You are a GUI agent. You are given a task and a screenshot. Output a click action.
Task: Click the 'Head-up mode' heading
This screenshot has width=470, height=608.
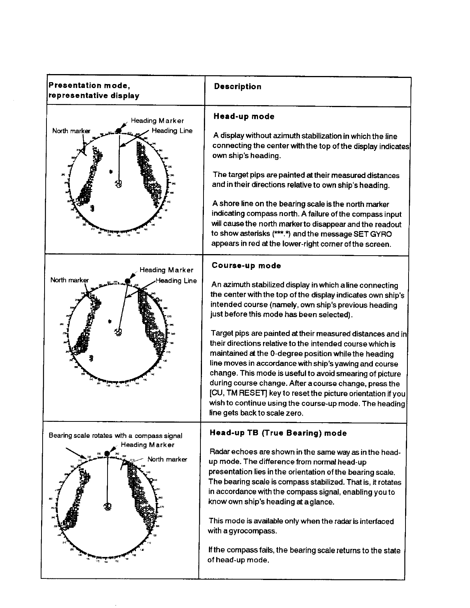(x=244, y=117)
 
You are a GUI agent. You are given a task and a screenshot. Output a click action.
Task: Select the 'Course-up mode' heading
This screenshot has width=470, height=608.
(x=246, y=266)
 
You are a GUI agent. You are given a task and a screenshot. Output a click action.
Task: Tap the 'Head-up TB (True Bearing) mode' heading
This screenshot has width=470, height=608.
(x=278, y=433)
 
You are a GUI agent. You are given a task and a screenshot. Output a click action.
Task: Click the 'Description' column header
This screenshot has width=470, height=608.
(x=238, y=87)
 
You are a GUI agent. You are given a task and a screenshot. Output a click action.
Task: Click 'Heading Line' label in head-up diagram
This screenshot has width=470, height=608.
(x=172, y=131)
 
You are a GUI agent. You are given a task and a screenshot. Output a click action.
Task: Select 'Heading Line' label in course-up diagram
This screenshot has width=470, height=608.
(x=176, y=281)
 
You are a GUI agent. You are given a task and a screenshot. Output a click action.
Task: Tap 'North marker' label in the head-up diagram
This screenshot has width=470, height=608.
(x=71, y=131)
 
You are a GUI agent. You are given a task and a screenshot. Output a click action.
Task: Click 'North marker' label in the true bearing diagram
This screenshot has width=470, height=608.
(x=167, y=459)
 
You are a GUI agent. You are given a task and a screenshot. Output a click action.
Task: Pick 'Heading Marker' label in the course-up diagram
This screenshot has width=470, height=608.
(x=166, y=270)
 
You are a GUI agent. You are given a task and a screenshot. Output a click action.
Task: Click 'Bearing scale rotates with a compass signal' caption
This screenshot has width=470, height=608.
(x=115, y=436)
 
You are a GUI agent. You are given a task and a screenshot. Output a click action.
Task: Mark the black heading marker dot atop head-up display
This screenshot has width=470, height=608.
(x=119, y=131)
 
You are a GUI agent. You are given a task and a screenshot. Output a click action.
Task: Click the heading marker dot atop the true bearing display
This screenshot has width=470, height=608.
(x=108, y=454)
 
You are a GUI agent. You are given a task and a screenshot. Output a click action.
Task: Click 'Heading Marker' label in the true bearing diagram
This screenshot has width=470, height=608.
(x=147, y=445)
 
